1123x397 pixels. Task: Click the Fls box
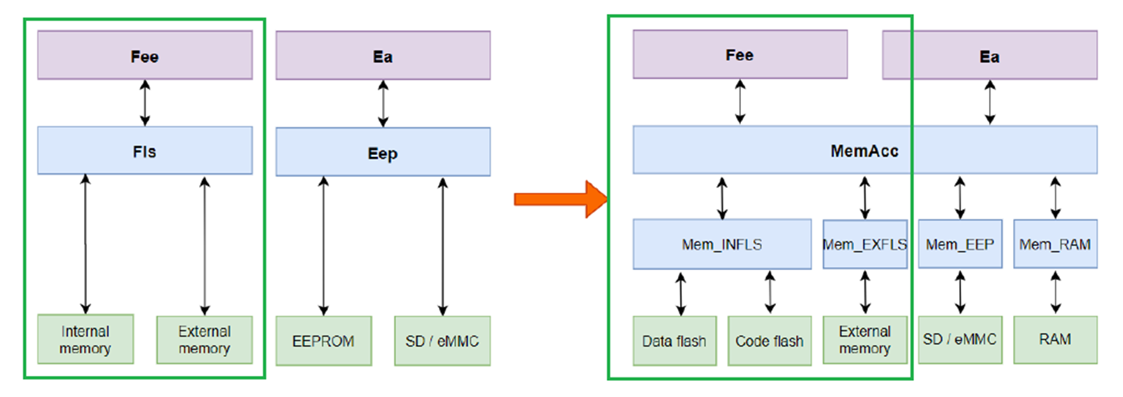point(144,151)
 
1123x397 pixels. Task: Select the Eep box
point(383,152)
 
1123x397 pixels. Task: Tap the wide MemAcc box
point(864,150)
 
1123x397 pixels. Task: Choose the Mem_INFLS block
point(721,244)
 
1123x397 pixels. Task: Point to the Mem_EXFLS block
point(864,244)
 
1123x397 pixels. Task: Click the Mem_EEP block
point(960,244)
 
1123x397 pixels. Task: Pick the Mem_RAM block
point(1055,244)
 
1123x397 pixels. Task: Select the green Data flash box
point(674,341)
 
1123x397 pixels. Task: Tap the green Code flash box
point(769,341)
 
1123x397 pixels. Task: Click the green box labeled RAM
point(1055,339)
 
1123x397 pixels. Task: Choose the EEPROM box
point(323,341)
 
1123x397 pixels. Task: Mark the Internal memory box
point(86,339)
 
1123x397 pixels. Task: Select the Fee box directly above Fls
point(144,55)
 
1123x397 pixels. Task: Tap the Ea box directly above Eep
point(383,55)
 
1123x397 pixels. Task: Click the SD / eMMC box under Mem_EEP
point(960,339)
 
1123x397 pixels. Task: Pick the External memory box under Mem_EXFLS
point(864,339)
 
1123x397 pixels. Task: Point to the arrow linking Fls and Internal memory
point(86,244)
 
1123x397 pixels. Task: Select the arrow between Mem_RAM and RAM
point(1055,292)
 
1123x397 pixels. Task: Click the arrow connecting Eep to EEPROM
point(323,245)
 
